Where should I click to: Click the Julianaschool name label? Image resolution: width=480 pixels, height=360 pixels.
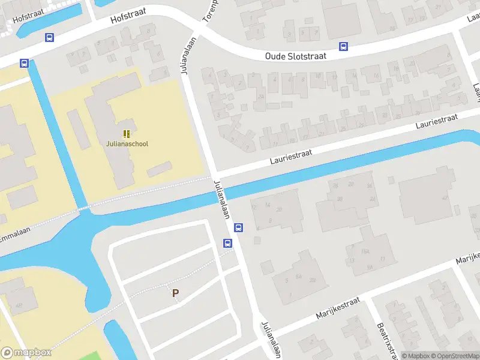tap(127, 144)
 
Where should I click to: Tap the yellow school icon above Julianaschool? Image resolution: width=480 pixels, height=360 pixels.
tap(127, 133)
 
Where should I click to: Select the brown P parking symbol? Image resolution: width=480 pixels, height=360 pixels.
tap(175, 293)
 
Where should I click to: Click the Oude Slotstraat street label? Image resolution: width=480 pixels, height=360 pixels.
tap(295, 56)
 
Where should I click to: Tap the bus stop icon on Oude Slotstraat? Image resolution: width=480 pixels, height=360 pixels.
tap(343, 46)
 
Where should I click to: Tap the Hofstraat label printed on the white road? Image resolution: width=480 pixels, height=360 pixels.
tap(128, 19)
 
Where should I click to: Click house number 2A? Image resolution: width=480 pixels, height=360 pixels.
tap(260, 97)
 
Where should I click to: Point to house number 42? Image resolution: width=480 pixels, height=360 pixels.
tap(445, 197)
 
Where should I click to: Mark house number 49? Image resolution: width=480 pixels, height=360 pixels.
tap(19, 306)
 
